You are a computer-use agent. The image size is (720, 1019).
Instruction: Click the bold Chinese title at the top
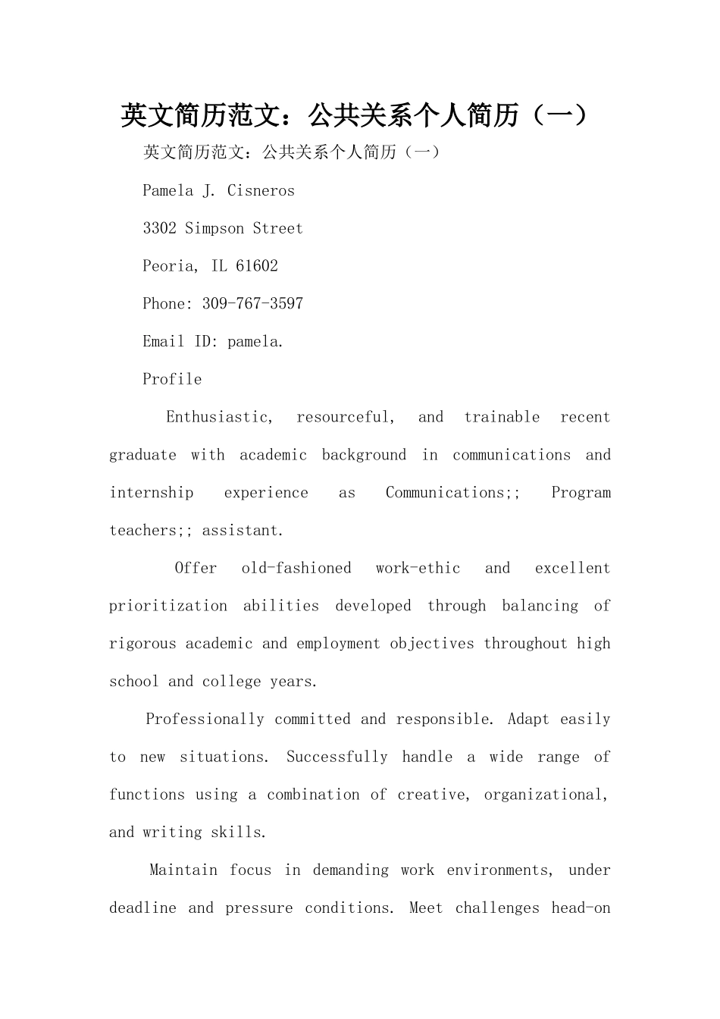pos(355,116)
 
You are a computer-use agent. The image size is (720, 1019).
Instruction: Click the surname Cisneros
pos(261,191)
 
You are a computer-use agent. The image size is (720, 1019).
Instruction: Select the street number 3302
pos(159,229)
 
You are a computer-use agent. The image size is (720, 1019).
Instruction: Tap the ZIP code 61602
pos(257,266)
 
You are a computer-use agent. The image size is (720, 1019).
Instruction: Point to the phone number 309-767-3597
pos(252,304)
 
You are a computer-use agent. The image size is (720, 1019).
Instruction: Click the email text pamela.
pos(255,342)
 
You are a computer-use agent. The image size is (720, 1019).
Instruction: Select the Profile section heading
pos(172,380)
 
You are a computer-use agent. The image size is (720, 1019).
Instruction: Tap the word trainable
pos(502,417)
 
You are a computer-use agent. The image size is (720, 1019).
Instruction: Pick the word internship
pos(152,493)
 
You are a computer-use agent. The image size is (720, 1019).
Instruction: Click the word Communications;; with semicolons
pos(452,493)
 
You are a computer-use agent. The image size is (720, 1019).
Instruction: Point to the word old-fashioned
pos(296,569)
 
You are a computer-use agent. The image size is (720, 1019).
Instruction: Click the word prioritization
pos(168,607)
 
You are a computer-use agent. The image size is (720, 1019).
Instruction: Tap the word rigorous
pos(142,644)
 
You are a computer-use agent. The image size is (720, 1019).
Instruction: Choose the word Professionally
pos(205,720)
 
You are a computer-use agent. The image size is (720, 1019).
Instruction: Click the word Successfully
pos(337,757)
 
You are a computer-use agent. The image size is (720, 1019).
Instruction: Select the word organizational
pos(546,795)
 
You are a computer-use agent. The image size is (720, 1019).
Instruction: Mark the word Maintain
pos(183,870)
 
